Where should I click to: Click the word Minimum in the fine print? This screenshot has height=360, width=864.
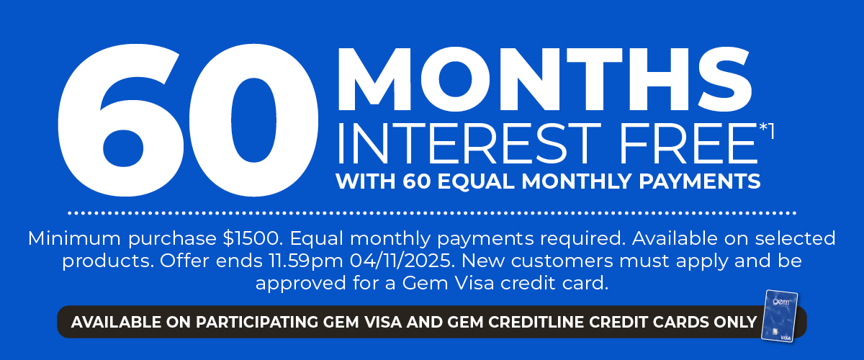click(69, 238)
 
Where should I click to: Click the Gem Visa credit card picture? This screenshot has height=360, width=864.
click(780, 315)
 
